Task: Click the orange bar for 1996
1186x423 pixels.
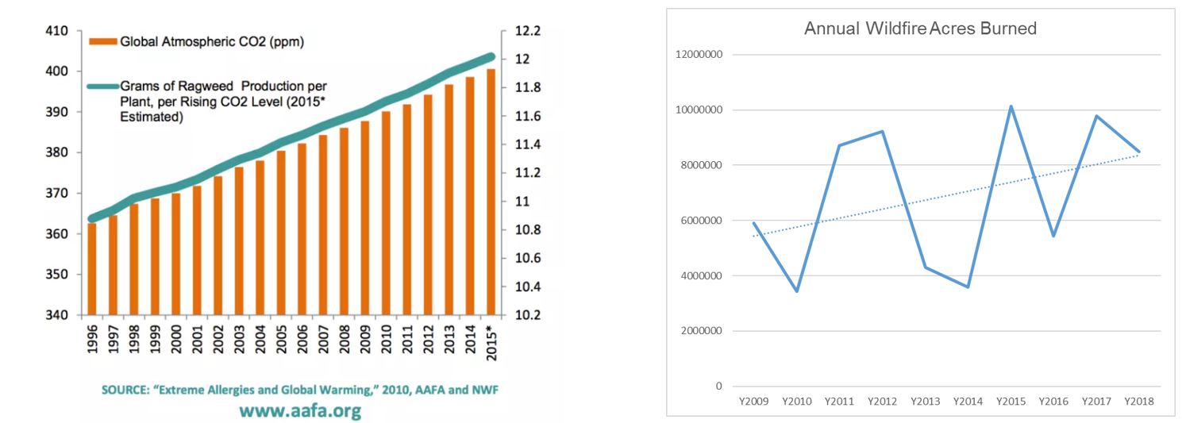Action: coord(93,269)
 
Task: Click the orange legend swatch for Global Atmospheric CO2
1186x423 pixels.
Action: coord(102,40)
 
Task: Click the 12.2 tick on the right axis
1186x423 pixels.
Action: coord(528,31)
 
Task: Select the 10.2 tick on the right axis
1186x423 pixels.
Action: coord(528,315)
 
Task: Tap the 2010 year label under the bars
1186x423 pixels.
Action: coord(387,338)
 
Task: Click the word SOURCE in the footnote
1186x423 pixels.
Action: coord(125,390)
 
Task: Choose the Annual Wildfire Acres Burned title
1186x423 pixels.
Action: coord(920,29)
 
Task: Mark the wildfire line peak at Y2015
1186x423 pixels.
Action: coord(1011,106)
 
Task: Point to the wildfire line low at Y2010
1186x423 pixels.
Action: coord(796,291)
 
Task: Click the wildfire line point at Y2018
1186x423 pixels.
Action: coord(1139,152)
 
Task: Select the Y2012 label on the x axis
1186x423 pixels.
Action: coord(882,402)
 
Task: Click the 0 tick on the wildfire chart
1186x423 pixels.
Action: coord(718,386)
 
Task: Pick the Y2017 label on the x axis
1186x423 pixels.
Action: coord(1096,402)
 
